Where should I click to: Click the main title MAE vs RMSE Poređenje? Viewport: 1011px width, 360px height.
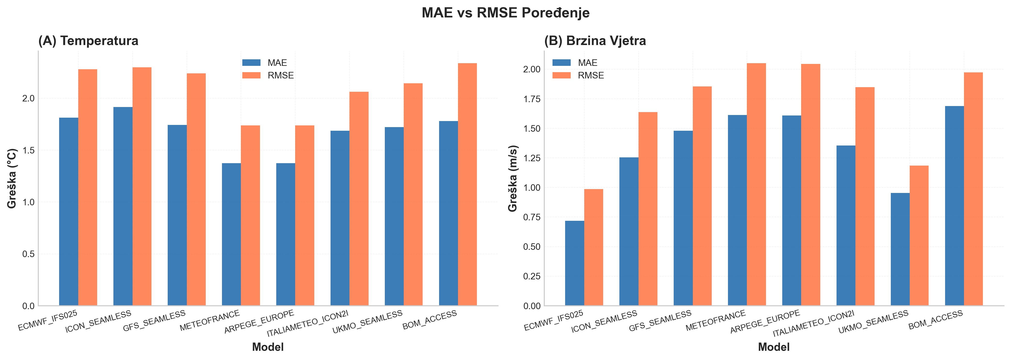(505, 13)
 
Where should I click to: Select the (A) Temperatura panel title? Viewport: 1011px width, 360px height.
(88, 41)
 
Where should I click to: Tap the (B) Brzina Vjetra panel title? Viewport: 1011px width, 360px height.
(595, 41)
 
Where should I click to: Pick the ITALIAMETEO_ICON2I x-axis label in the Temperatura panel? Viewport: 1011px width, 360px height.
(308, 323)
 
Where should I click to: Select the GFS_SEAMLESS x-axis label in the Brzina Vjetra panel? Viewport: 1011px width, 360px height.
(660, 321)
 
